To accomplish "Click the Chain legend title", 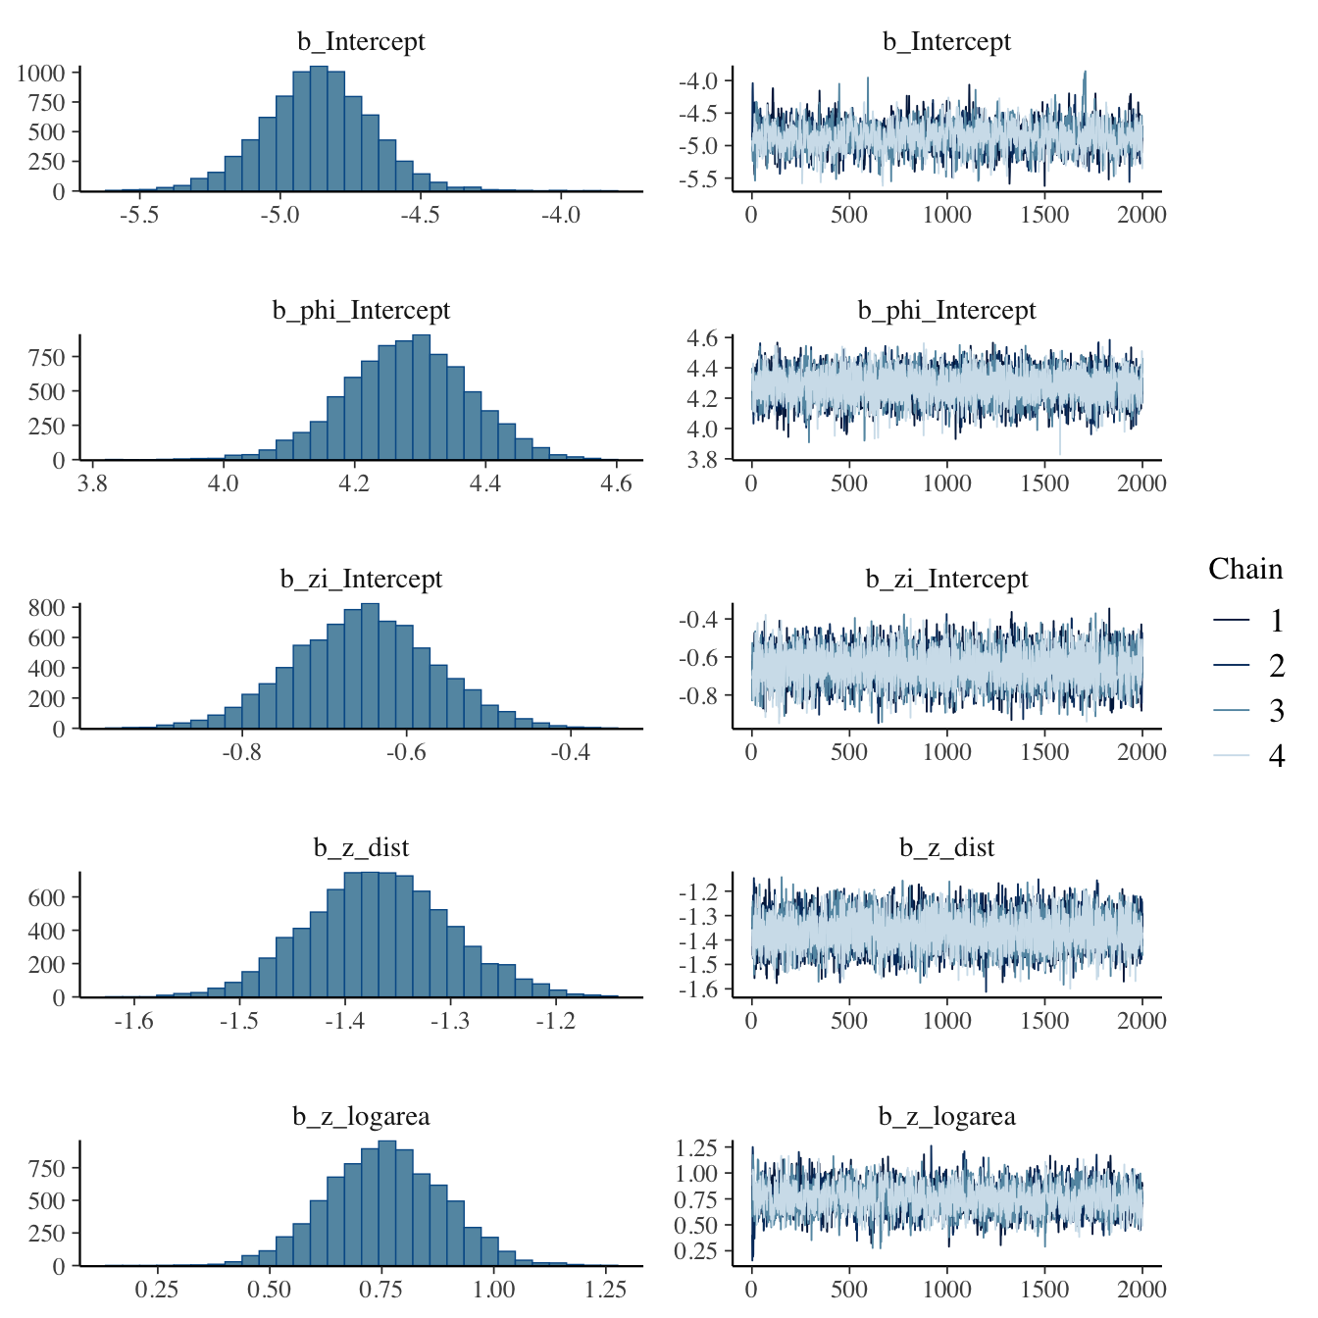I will pyautogui.click(x=1244, y=570).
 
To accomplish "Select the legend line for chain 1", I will pyautogui.click(x=1231, y=620).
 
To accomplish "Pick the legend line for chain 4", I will pyautogui.click(x=1231, y=755).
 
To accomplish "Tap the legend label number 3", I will pyautogui.click(x=1276, y=711).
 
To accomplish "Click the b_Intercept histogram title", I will pyautogui.click(x=361, y=42).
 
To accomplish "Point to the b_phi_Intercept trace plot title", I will pyautogui.click(x=946, y=311).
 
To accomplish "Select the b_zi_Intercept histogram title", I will pyautogui.click(x=361, y=580).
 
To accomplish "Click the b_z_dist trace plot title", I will pyautogui.click(x=946, y=848).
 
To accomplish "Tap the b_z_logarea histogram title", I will pyautogui.click(x=361, y=1117).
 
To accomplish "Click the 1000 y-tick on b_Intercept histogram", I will pyautogui.click(x=40, y=74).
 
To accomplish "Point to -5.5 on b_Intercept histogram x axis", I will pyautogui.click(x=139, y=215).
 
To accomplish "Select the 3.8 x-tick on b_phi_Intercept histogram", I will pyautogui.click(x=92, y=483).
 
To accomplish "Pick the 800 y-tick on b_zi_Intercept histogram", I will pyautogui.click(x=47, y=608).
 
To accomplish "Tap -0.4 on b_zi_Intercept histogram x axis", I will pyautogui.click(x=570, y=752).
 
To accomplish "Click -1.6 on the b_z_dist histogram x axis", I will pyautogui.click(x=133, y=1021).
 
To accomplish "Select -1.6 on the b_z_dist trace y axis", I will pyautogui.click(x=697, y=989).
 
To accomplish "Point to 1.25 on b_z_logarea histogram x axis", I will pyautogui.click(x=605, y=1290).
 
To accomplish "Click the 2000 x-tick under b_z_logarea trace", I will pyautogui.click(x=1141, y=1290).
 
